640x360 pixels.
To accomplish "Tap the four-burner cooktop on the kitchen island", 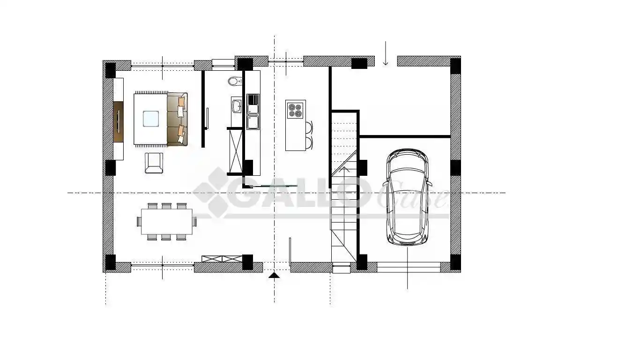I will pyautogui.click(x=295, y=110).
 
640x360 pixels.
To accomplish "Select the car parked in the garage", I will pyautogui.click(x=407, y=197).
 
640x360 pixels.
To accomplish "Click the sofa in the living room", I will pyautogui.click(x=178, y=119).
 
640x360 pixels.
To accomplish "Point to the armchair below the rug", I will pyautogui.click(x=154, y=163).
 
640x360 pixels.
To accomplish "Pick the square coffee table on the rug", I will pyautogui.click(x=150, y=119).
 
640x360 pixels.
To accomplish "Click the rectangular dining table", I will pyautogui.click(x=167, y=221).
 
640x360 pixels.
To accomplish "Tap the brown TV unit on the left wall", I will pyautogui.click(x=118, y=121).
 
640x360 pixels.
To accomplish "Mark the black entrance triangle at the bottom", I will pyautogui.click(x=274, y=275).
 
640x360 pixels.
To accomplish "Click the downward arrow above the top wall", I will pyautogui.click(x=386, y=54).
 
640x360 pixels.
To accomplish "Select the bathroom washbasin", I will pyautogui.click(x=236, y=105).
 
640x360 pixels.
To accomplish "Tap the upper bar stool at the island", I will pyautogui.click(x=309, y=127).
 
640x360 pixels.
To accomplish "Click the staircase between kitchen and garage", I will pyautogui.click(x=344, y=187).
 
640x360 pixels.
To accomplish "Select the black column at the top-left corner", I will pyautogui.click(x=110, y=70).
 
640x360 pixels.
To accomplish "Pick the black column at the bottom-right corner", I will pyautogui.click(x=455, y=262).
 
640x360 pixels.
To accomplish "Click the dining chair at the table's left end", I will pyautogui.click(x=139, y=221).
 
